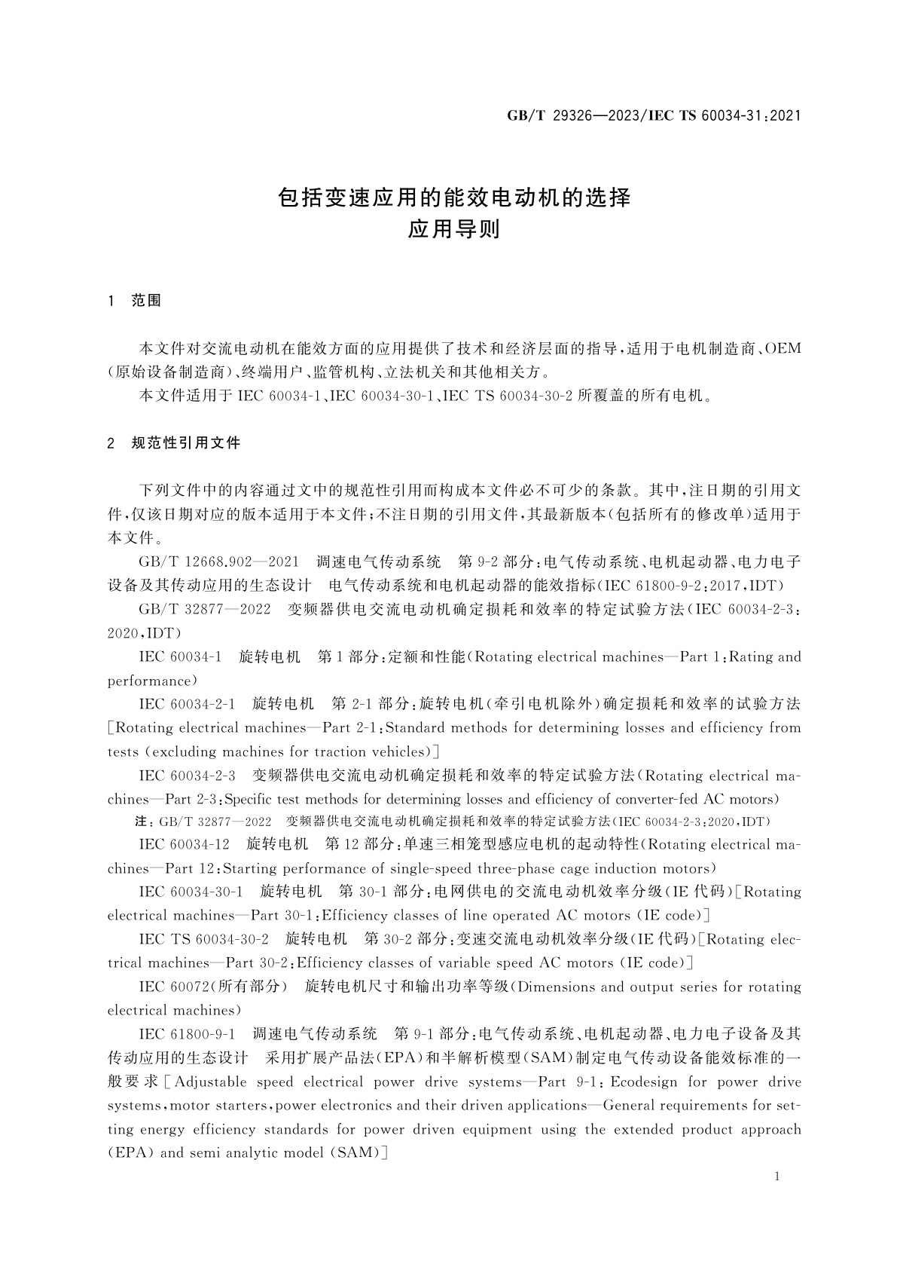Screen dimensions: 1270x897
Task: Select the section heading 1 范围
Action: coord(135,301)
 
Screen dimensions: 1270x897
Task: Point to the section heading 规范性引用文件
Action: coord(185,443)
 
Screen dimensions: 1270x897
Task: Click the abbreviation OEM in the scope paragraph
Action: coord(783,349)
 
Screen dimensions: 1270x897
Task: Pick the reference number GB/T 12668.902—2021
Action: coord(219,562)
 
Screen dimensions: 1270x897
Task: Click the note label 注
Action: coord(139,822)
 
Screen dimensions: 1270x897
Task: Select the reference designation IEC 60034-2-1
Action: coord(187,704)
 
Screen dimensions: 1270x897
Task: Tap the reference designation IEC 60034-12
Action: coord(184,845)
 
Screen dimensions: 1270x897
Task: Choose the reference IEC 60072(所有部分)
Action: coord(213,987)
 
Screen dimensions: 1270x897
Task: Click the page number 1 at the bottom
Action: coord(777,1177)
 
